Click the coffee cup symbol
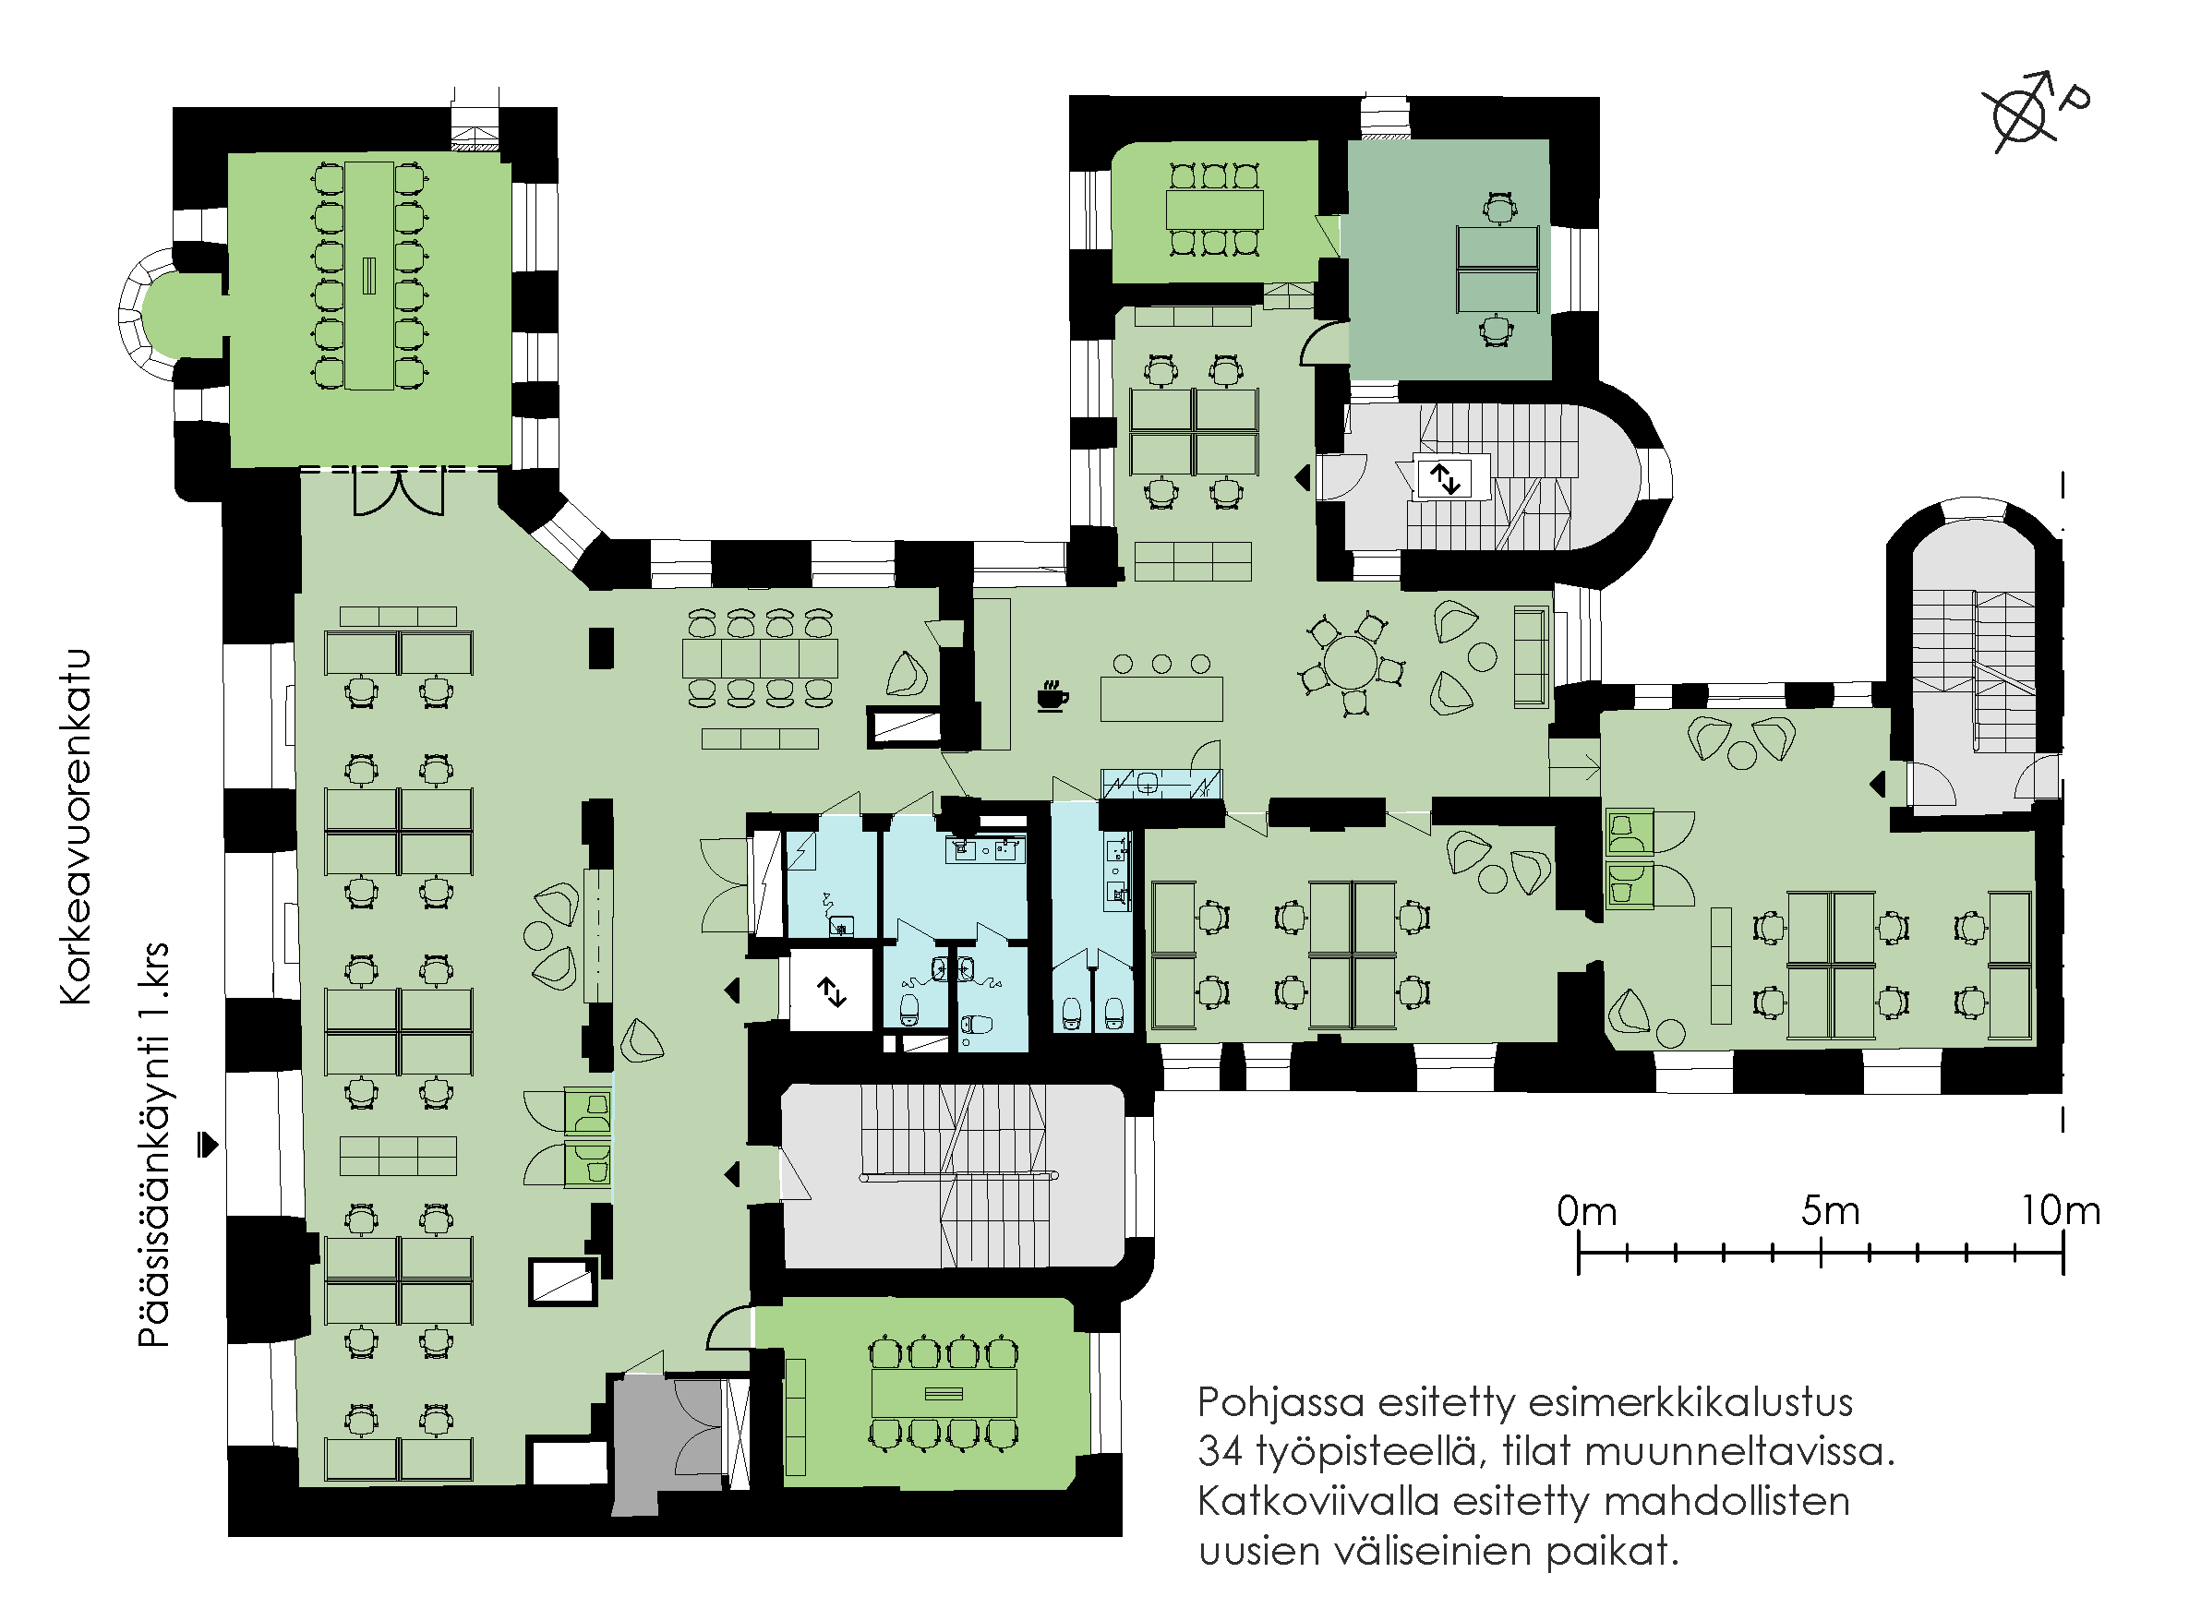pyautogui.click(x=1052, y=697)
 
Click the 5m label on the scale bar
pyautogui.click(x=1830, y=1212)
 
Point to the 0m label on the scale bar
pyautogui.click(x=1587, y=1212)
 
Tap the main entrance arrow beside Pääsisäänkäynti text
pyautogui.click(x=207, y=1144)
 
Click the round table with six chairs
pyautogui.click(x=1349, y=665)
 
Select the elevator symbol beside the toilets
pyautogui.click(x=832, y=992)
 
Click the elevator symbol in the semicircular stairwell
pyautogui.click(x=1445, y=478)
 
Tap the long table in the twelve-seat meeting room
pyautogui.click(x=369, y=276)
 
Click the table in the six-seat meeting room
pyautogui.click(x=1215, y=209)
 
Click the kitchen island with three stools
pyautogui.click(x=1161, y=699)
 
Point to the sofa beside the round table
pyautogui.click(x=1531, y=656)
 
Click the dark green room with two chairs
pyautogui.click(x=1447, y=260)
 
